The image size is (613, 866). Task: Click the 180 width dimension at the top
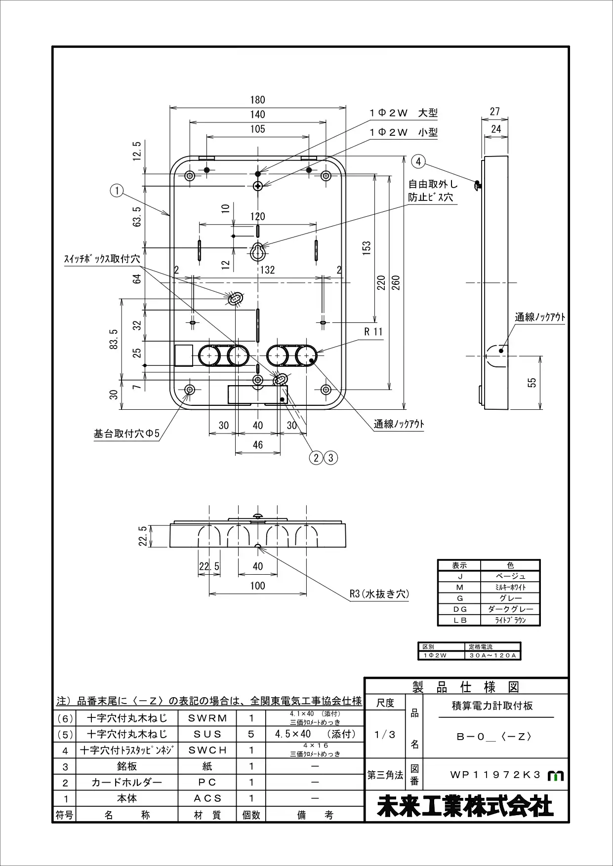tap(257, 100)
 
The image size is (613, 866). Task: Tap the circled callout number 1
tap(117, 190)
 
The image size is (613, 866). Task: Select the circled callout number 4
tap(418, 161)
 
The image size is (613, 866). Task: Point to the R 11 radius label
tap(373, 332)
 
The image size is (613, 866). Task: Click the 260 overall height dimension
tap(395, 282)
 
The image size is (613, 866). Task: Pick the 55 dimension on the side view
tap(531, 382)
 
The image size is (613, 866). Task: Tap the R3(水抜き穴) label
tap(379, 593)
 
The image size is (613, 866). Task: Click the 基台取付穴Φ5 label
tap(126, 434)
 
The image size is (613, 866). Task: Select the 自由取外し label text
tap(433, 184)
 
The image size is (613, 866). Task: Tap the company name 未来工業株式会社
tap(466, 807)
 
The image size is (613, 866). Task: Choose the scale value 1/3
tap(385, 735)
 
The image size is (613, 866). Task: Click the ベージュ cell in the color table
tap(510, 576)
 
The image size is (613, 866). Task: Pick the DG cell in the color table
tap(459, 609)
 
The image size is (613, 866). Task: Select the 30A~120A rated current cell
tap(492, 656)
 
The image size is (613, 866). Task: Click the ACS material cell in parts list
tap(207, 798)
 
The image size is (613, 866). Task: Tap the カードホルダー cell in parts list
tap(127, 782)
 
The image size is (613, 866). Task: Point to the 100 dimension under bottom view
tap(257, 586)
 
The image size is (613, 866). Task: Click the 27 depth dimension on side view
tap(495, 112)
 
